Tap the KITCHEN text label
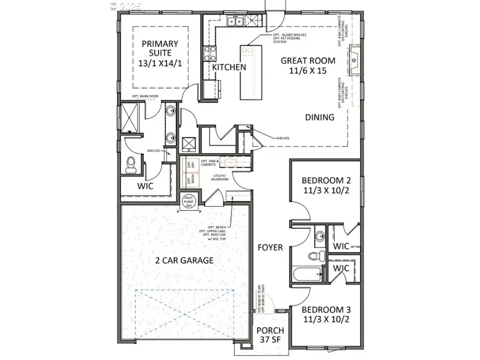229,67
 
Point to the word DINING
319,117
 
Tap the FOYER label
270,247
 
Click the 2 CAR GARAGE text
184,260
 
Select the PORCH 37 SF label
270,335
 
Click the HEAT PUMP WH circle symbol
190,201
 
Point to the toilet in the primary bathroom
130,165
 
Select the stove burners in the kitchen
209,53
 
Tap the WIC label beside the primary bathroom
146,186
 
